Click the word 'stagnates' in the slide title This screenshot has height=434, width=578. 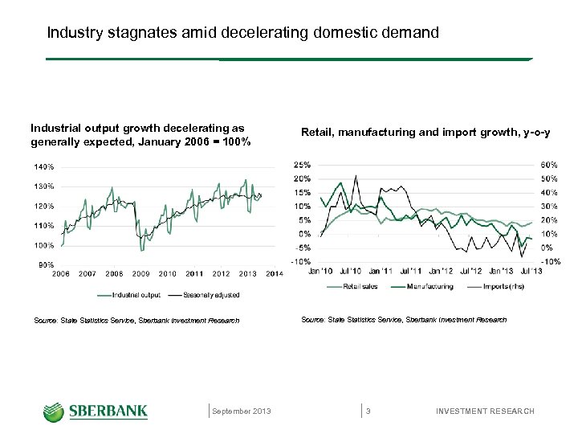pyautogui.click(x=139, y=33)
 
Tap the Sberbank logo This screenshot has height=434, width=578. pyautogui.click(x=96, y=411)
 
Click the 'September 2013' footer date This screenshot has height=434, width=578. pyautogui.click(x=242, y=411)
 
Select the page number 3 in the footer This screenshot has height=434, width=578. pyautogui.click(x=368, y=411)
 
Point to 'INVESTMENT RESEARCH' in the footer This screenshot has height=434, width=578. pyautogui.click(x=485, y=411)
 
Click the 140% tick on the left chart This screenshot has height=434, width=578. pyautogui.click(x=43, y=167)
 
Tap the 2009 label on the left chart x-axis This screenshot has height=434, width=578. pyautogui.click(x=140, y=274)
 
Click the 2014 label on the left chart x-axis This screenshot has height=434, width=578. pyautogui.click(x=274, y=274)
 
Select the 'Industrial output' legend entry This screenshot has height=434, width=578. pyautogui.click(x=136, y=295)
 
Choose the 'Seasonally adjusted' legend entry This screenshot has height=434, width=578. pyautogui.click(x=211, y=295)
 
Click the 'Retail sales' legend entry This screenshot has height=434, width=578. pyautogui.click(x=360, y=286)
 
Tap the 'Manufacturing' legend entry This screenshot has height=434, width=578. pyautogui.click(x=429, y=286)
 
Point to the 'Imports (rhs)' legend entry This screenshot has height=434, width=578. pyautogui.click(x=501, y=286)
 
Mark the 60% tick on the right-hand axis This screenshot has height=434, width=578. pyautogui.click(x=551, y=165)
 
